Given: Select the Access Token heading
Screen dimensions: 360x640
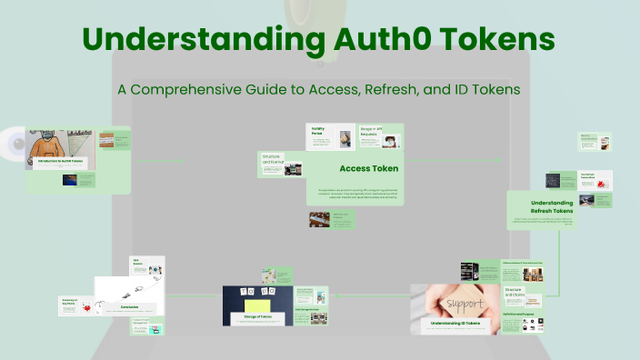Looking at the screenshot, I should (x=368, y=168).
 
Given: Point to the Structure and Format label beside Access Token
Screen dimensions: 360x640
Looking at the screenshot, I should (x=271, y=159).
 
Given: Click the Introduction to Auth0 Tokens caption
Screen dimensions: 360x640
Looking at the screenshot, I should (x=59, y=163).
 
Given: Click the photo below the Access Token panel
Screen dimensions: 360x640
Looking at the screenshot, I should (x=319, y=220).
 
